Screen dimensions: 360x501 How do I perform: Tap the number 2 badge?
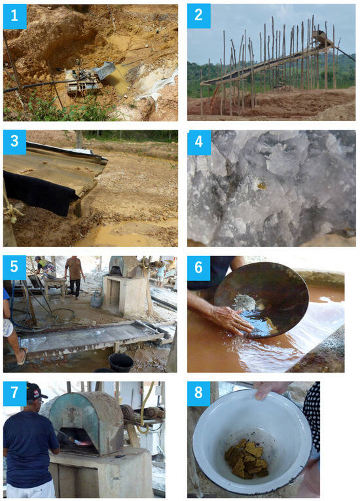199,16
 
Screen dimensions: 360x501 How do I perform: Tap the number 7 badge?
14,394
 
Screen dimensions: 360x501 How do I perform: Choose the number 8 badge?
199,394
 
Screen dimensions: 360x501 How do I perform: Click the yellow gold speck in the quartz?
262,185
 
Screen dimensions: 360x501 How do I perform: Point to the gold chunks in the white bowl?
246,458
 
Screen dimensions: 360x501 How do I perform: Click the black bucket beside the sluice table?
120,362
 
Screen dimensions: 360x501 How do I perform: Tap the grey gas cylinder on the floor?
96,300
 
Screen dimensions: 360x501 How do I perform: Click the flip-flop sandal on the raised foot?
23,356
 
